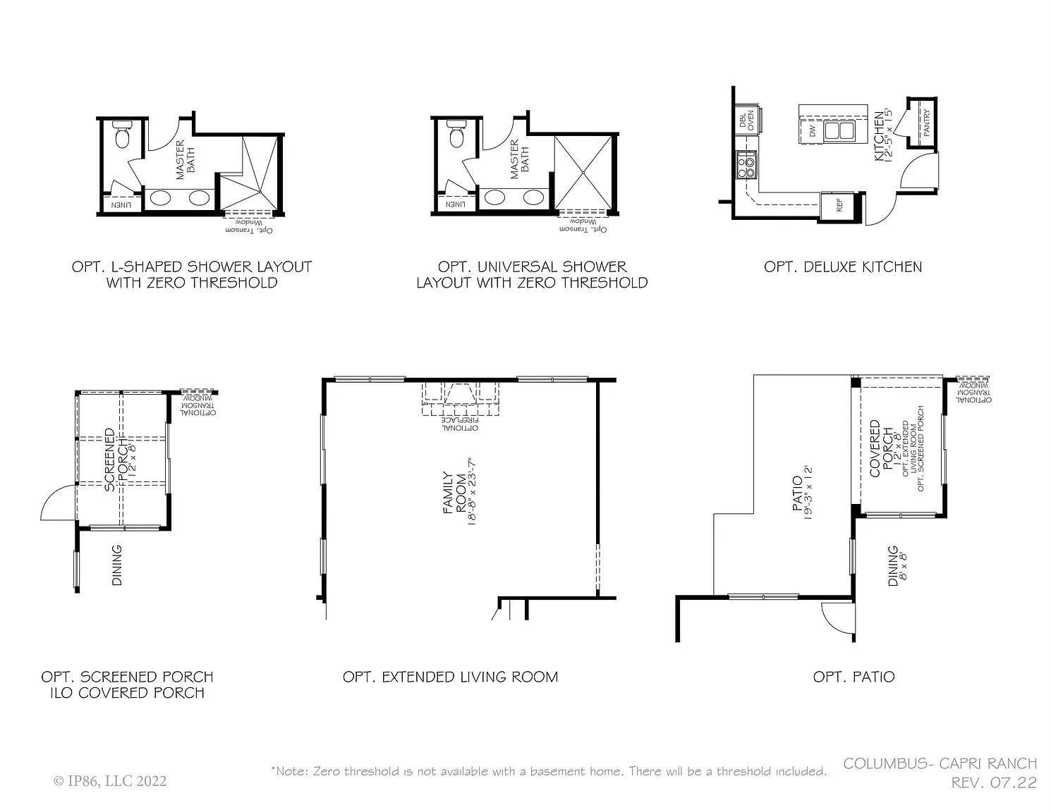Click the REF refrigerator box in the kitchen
(x=839, y=205)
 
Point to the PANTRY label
(x=925, y=123)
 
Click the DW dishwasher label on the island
(x=813, y=130)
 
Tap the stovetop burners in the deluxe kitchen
(x=746, y=166)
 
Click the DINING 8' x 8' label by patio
(x=897, y=565)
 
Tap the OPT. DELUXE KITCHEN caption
(x=842, y=267)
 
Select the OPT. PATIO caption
(x=853, y=677)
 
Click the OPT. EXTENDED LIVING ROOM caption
(x=450, y=677)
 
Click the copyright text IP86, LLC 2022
(x=110, y=781)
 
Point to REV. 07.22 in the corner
(x=994, y=782)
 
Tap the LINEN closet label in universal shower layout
(x=455, y=204)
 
